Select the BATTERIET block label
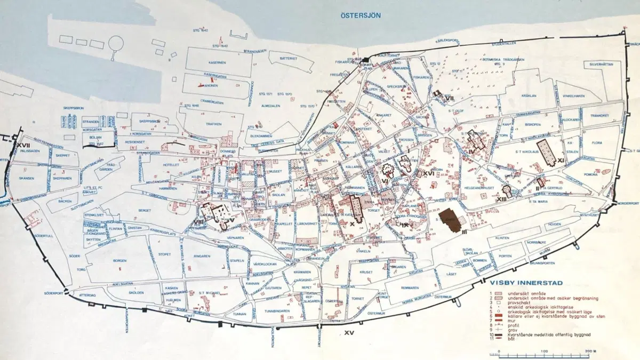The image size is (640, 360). click(287, 60)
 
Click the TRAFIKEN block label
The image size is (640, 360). click(213, 124)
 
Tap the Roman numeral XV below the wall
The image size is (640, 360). click(349, 333)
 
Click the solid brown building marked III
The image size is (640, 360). click(454, 220)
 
